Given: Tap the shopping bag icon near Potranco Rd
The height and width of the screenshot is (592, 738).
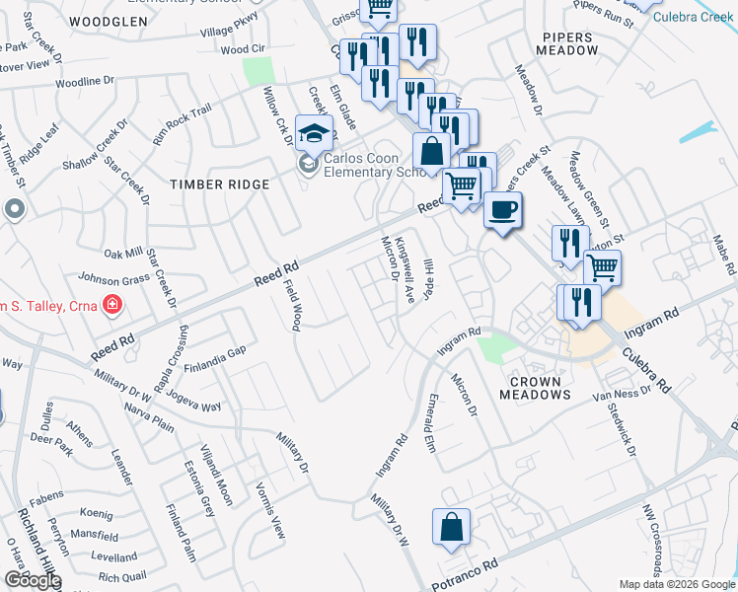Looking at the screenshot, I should tap(451, 528).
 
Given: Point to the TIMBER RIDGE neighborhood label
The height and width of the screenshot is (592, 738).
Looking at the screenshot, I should tap(219, 185).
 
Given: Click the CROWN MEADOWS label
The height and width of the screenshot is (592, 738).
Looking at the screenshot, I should tap(536, 388).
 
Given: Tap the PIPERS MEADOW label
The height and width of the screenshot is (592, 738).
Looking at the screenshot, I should tap(570, 42).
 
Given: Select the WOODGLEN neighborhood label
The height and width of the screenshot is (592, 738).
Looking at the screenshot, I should tap(110, 20).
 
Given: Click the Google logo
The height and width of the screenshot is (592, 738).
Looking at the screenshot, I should tap(32, 580).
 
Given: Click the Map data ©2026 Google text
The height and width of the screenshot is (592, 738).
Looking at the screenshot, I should tap(678, 584).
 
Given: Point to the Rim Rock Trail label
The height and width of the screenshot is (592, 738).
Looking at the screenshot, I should tap(183, 125).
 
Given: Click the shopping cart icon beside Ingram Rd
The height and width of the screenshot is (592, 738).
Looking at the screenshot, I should tap(602, 266).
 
